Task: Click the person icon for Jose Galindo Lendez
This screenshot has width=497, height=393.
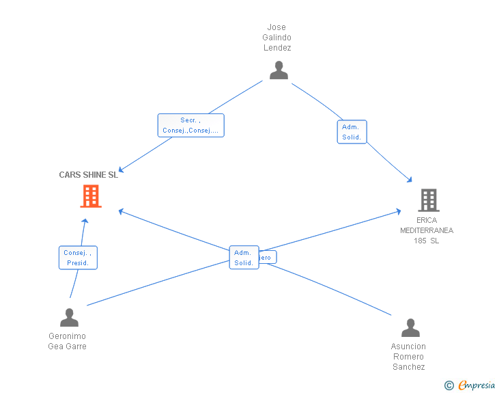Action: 279,70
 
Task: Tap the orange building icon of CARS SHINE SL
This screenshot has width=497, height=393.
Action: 91,196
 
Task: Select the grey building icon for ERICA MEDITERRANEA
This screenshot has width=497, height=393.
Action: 428,200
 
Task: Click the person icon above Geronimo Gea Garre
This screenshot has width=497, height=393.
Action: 69,318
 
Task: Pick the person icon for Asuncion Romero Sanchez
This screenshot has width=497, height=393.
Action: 410,328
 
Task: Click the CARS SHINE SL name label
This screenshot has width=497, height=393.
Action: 88,175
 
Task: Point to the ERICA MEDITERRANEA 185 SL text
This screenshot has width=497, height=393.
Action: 427,230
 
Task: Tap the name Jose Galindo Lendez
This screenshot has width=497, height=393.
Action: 277,38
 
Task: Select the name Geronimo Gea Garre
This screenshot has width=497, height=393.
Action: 68,341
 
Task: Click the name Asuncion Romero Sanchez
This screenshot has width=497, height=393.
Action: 409,357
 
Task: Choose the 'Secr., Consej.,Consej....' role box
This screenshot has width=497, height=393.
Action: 190,125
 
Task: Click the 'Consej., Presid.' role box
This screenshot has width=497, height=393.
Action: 78,258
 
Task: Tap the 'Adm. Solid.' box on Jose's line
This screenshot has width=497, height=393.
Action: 352,132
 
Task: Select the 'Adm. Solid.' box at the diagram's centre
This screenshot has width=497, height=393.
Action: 244,258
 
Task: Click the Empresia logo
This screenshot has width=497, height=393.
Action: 477,385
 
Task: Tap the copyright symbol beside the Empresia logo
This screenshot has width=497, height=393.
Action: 449,386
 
